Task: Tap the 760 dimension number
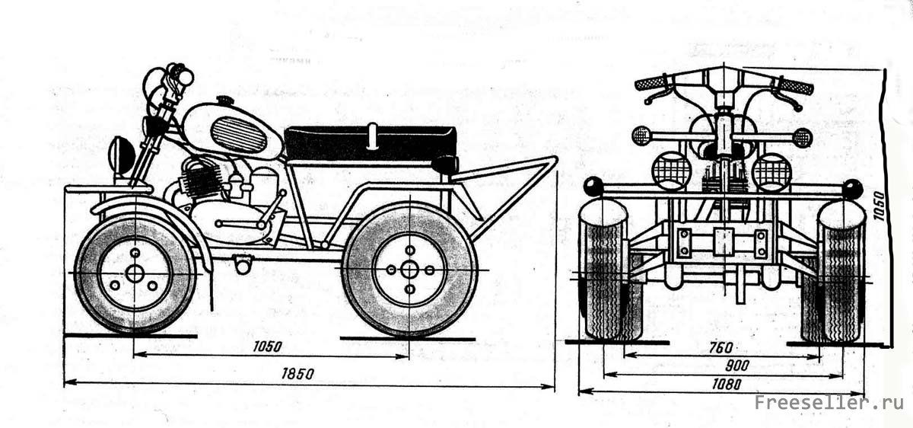pyautogui.click(x=721, y=347)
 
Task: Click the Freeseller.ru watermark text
pyautogui.click(x=829, y=403)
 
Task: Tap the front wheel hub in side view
pyautogui.click(x=135, y=273)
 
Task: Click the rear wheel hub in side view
pyautogui.click(x=409, y=270)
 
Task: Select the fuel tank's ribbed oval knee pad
pyautogui.click(x=238, y=135)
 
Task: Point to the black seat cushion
pyautogui.click(x=371, y=143)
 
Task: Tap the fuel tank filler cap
pyautogui.click(x=224, y=101)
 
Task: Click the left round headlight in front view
pyautogui.click(x=671, y=171)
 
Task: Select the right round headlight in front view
pyautogui.click(x=771, y=171)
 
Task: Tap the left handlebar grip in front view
pyautogui.click(x=651, y=81)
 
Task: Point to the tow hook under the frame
pyautogui.click(x=243, y=264)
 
